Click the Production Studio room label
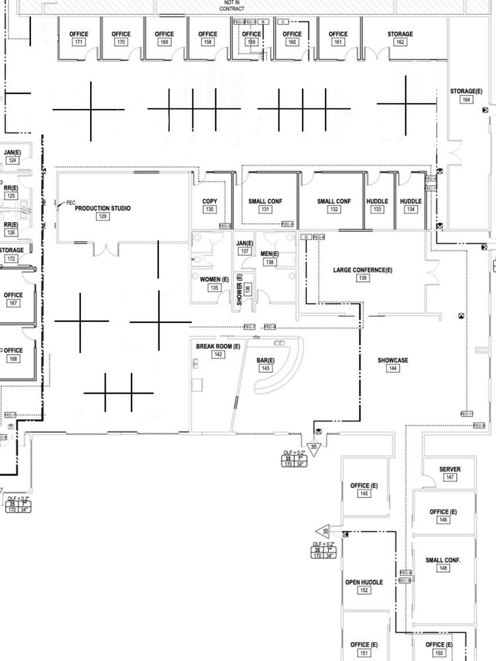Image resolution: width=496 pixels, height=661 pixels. click(103, 208)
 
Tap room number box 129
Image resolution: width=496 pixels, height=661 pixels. click(103, 216)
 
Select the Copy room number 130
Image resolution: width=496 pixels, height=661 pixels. click(210, 209)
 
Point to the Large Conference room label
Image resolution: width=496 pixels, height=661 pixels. click(363, 270)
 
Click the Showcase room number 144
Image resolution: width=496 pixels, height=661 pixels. click(393, 368)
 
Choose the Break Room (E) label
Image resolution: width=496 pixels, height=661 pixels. click(218, 347)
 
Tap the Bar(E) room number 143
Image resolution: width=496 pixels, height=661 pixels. click(265, 368)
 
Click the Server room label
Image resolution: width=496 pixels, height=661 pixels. click(449, 469)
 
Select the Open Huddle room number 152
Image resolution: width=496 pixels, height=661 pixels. click(364, 590)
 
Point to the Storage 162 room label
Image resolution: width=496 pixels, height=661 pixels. click(400, 34)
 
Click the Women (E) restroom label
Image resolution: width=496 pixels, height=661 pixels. click(214, 279)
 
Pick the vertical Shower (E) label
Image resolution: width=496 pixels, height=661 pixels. click(240, 290)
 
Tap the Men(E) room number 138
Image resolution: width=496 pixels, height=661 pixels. click(270, 262)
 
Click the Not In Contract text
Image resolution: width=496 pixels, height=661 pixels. click(232, 6)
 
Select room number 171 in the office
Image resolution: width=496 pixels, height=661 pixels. click(79, 42)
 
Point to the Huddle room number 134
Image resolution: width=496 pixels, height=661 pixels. click(410, 209)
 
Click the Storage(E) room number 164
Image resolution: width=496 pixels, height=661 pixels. click(466, 100)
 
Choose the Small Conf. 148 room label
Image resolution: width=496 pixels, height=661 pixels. click(443, 560)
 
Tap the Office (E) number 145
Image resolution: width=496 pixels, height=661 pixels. click(364, 493)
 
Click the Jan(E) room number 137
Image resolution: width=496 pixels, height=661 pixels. click(245, 251)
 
